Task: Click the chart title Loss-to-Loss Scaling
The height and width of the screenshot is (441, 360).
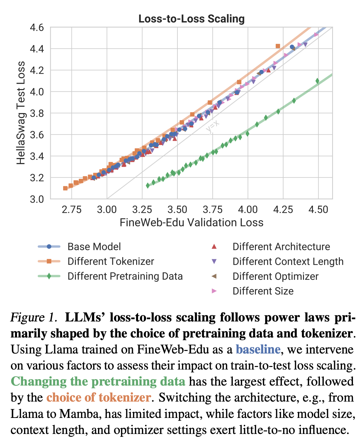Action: (192, 19)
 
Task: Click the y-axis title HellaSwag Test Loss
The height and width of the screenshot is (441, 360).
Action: (21, 113)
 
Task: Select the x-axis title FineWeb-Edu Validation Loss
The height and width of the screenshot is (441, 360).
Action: (192, 222)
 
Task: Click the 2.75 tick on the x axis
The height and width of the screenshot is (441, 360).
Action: (72, 210)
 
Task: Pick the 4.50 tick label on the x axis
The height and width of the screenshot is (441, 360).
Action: (318, 210)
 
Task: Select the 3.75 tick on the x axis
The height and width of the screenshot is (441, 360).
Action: (213, 210)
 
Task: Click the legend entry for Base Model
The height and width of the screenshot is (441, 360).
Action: (94, 246)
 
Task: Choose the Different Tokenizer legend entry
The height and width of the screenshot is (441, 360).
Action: (111, 261)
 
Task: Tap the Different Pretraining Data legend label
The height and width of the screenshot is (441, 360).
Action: (125, 276)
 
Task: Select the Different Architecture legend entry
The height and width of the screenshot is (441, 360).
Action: (281, 246)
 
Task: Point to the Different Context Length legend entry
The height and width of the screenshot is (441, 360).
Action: (288, 261)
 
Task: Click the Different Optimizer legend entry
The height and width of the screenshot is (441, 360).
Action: (275, 276)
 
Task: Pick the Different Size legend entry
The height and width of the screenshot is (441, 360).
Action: (263, 291)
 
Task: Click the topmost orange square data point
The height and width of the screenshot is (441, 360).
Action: (278, 46)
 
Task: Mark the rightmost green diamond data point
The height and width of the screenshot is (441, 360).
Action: (317, 81)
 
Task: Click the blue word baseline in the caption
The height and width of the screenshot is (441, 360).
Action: (258, 349)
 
